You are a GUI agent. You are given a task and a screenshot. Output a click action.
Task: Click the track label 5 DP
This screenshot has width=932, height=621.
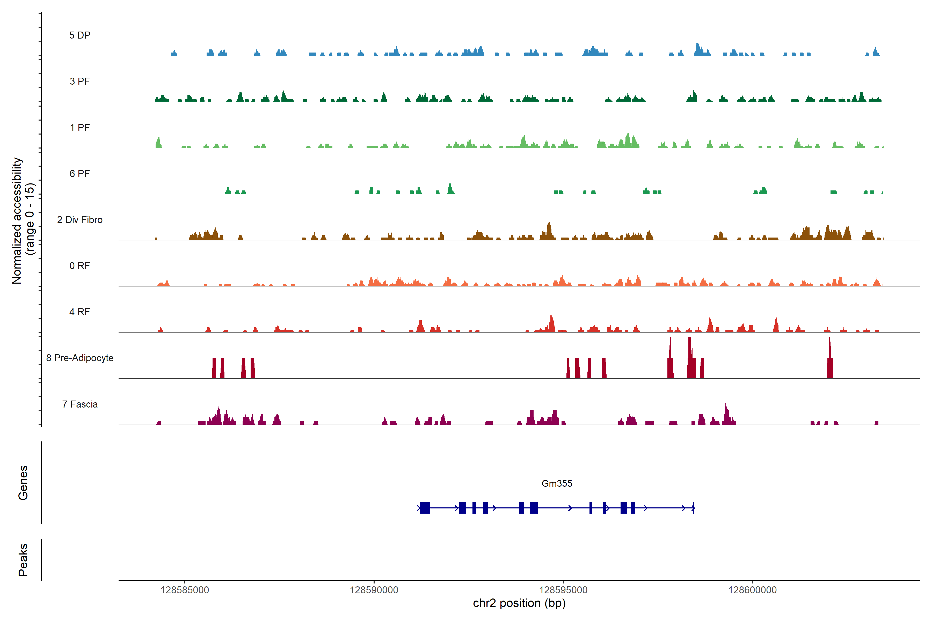tap(80, 35)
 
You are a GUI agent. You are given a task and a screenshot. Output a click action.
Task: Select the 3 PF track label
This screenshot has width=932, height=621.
tap(80, 81)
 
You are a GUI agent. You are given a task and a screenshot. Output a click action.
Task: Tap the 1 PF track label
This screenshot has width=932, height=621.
tap(80, 128)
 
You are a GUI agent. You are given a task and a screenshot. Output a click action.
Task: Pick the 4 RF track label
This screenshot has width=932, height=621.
tap(80, 312)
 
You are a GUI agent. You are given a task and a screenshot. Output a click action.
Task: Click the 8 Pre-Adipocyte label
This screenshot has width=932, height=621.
tap(80, 358)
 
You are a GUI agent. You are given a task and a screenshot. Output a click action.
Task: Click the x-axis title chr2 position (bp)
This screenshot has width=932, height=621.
tap(519, 603)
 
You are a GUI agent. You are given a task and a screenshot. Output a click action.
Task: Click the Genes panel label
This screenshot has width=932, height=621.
tap(23, 483)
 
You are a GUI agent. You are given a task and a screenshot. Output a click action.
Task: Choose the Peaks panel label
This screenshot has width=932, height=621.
tap(23, 560)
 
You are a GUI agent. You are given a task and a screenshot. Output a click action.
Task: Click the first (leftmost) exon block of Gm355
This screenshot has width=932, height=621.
tap(425, 508)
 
